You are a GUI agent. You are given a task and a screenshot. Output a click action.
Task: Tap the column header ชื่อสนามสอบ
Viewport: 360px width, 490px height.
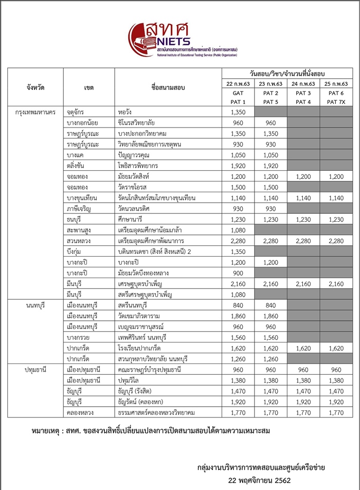click(x=168, y=88)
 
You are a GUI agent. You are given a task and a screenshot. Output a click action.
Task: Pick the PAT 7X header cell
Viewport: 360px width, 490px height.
click(x=336, y=102)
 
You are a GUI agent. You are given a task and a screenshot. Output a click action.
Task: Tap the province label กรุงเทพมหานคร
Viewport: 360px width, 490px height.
click(x=35, y=112)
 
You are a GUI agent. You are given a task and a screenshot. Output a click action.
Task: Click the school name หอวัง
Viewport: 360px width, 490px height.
click(x=125, y=112)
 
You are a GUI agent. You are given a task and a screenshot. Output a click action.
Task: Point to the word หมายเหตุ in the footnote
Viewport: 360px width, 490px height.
click(x=48, y=430)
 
